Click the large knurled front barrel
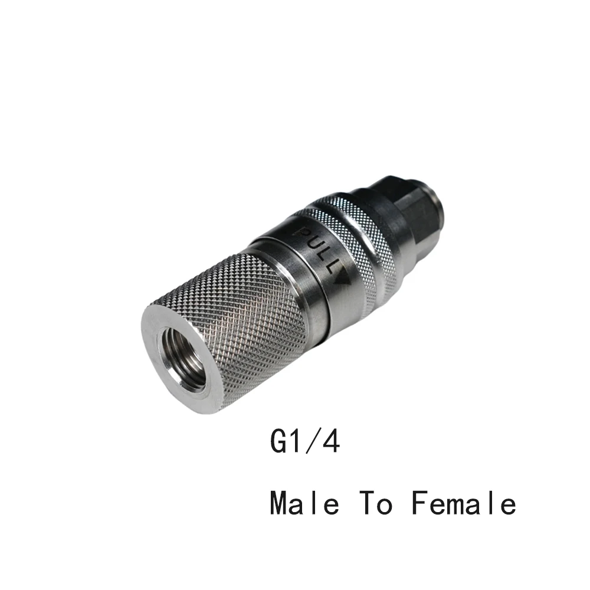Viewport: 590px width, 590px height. point(230,323)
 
